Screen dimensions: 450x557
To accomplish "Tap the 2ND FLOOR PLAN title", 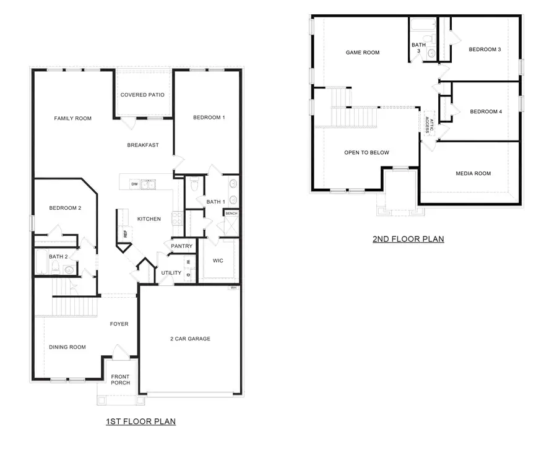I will pyautogui.click(x=408, y=239).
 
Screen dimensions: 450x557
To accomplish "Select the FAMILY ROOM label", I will pyautogui.click(x=72, y=118).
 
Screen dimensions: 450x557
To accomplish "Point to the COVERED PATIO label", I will pyautogui.click(x=142, y=95).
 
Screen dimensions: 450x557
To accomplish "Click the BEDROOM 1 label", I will pyautogui.click(x=209, y=118).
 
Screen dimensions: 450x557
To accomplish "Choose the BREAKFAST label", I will pyautogui.click(x=143, y=145).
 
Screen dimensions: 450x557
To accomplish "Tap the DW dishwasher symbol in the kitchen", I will pyautogui.click(x=134, y=184).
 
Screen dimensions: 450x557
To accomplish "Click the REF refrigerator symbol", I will pyautogui.click(x=125, y=235).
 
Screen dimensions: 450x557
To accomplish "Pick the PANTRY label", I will pyautogui.click(x=182, y=246).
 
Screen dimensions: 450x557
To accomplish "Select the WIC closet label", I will pyautogui.click(x=217, y=261).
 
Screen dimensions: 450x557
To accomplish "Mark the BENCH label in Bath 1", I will pyautogui.click(x=231, y=214).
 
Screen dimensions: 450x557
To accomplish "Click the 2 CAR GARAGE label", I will pyautogui.click(x=190, y=339).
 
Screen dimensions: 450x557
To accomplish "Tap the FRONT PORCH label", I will pyautogui.click(x=121, y=379).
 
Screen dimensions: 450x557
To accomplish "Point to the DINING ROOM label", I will pyautogui.click(x=67, y=347).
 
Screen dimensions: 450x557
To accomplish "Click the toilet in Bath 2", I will pyautogui.click(x=55, y=267).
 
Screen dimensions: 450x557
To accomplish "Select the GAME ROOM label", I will pyautogui.click(x=362, y=53).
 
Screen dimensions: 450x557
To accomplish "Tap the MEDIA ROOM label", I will pyautogui.click(x=473, y=173).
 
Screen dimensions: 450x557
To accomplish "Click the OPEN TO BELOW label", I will pyautogui.click(x=366, y=152).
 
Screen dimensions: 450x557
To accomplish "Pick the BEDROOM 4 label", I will pyautogui.click(x=485, y=111).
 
